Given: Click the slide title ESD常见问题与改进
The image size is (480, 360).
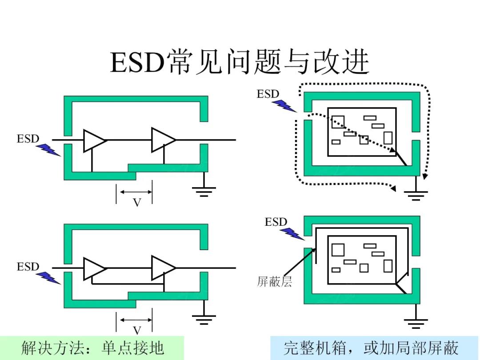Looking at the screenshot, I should coord(240,63).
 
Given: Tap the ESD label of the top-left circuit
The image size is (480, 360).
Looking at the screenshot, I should coord(28,139).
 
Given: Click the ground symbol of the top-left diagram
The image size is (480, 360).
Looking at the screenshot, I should coord(204,191).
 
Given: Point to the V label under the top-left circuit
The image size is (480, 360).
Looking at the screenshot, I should coord(137,203).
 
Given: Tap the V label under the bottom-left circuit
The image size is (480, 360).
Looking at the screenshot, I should coord(137,330).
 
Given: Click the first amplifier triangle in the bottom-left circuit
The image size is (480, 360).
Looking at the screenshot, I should coord(93,268).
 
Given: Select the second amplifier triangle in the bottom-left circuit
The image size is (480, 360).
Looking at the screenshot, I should coord(162,268).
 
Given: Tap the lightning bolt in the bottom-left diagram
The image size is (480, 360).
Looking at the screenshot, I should coord(48,278).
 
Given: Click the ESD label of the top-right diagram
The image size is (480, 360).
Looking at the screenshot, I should coord(268,94).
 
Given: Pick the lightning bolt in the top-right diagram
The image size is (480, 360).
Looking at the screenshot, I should coord(284,106).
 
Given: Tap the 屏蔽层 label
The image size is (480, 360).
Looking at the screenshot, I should coord(274,282).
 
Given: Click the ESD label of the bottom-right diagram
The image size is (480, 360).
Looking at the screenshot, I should coord(276,222).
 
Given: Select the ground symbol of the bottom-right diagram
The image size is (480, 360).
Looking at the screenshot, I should coord(416,323).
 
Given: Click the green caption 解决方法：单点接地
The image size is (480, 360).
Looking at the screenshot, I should coord(92,348).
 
